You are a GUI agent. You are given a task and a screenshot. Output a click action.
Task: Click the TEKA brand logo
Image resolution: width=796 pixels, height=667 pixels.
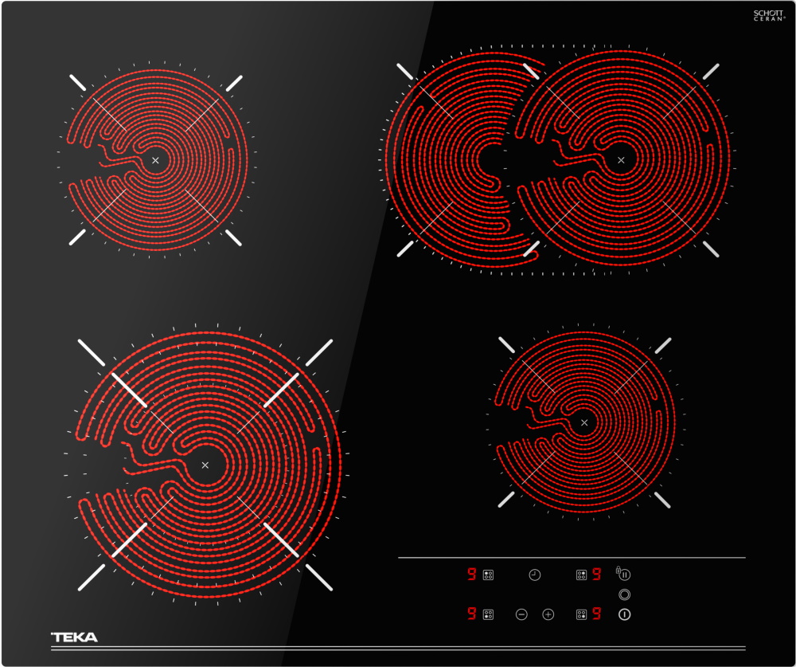74,637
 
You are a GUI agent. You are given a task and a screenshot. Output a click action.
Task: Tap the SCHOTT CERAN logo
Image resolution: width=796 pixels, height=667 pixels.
769,15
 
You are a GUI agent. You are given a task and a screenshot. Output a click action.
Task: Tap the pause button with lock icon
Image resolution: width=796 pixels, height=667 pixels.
623,574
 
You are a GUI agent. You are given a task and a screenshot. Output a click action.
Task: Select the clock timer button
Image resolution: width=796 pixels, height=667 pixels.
535,575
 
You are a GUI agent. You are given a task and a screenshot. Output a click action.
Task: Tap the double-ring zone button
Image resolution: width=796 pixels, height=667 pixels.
624,594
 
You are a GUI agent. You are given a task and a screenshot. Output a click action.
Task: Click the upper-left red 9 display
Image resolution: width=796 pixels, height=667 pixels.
471,575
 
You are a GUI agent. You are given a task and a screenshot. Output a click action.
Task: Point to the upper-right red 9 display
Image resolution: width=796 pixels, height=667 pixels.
596,575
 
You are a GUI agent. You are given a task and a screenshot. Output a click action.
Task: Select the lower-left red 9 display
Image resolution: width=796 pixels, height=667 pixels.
471,614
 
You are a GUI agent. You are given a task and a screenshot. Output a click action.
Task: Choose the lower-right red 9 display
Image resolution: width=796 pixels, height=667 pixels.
596,614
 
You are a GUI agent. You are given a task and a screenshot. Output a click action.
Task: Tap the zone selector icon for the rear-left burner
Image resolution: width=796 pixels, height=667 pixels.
488,575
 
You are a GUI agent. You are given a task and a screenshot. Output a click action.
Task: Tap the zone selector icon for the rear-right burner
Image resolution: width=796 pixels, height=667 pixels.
581,575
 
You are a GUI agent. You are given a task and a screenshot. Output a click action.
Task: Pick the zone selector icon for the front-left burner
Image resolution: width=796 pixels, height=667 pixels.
488,614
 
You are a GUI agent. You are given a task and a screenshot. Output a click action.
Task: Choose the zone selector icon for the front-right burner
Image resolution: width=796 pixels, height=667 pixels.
581,614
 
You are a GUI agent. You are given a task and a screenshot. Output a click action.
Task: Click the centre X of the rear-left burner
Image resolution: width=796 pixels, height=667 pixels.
155,160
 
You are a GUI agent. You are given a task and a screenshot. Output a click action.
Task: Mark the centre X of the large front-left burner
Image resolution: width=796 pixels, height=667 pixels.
205,465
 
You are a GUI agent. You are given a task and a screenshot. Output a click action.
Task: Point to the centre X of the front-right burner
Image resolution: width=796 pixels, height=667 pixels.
584,422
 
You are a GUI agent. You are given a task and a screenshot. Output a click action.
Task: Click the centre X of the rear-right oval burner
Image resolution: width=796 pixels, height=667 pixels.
621,160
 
